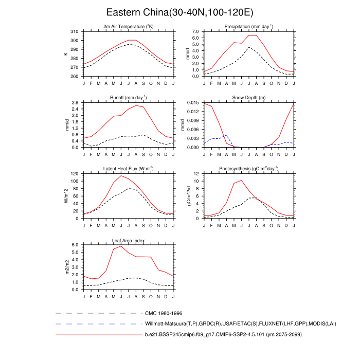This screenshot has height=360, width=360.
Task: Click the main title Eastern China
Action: (x=179, y=12)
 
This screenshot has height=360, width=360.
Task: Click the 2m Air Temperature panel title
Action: (x=129, y=27)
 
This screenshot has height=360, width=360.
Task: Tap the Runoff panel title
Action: (x=129, y=98)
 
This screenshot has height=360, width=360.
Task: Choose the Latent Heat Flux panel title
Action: (x=129, y=169)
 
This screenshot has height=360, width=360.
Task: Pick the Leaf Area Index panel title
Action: (x=129, y=240)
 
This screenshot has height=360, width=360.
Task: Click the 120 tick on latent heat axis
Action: (x=75, y=174)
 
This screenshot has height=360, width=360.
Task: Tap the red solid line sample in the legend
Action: (x=98, y=335)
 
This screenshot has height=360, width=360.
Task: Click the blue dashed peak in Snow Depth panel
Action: (x=226, y=135)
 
